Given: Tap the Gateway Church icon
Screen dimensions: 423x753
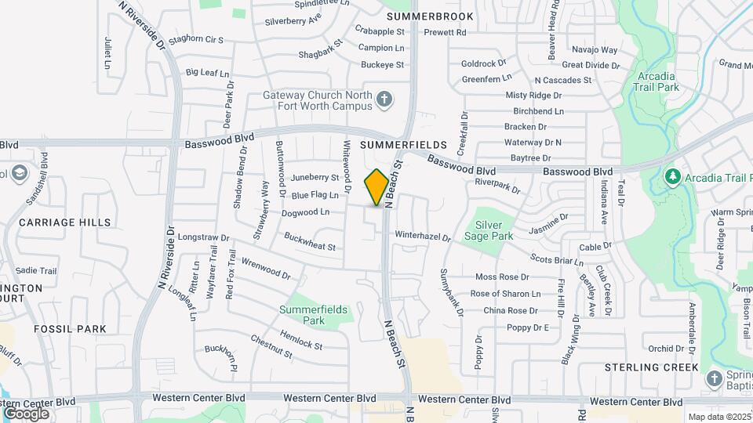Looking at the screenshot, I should click(384, 99).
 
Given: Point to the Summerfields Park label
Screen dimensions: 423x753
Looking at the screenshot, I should click(313, 315).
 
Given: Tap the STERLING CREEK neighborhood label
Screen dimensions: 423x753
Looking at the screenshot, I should click(651, 367).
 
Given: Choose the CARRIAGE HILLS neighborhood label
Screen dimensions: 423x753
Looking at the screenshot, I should click(64, 222).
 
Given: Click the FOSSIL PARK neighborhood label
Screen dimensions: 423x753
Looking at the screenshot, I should click(70, 329).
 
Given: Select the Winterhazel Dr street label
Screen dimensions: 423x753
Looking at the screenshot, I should click(423, 235).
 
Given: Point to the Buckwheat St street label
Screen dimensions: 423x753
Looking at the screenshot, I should click(310, 241).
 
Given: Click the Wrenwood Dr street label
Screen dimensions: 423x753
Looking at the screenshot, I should click(266, 269).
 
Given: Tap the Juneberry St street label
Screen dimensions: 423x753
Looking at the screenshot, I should click(315, 179).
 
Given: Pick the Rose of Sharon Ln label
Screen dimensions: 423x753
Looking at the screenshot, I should click(505, 294).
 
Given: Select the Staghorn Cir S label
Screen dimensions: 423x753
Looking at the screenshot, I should click(196, 39).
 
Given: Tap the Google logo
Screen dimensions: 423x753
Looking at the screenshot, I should click(26, 413).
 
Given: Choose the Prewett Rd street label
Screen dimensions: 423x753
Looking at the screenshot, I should click(445, 33).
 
